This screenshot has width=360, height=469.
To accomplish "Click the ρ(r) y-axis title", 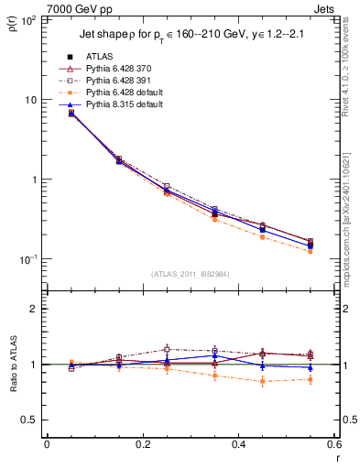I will pos(12,26).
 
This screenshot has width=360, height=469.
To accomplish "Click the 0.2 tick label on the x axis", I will pos(143,444).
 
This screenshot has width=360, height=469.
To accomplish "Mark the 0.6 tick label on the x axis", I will pos(334,444).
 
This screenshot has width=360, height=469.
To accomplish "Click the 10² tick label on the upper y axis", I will pos(29,19).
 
